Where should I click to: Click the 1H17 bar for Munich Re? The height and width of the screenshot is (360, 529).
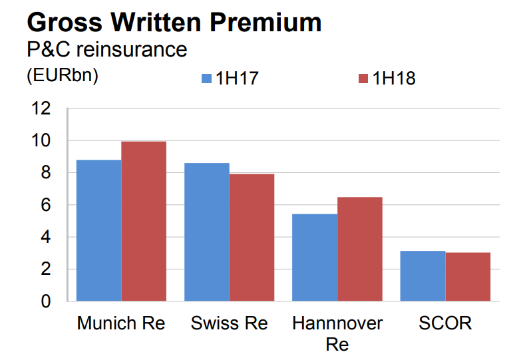pyautogui.click(x=99, y=230)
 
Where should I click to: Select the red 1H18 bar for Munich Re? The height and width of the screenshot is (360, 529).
pyautogui.click(x=144, y=221)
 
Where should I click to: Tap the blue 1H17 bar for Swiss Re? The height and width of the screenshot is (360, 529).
pyautogui.click(x=207, y=232)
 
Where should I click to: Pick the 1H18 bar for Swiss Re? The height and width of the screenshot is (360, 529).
pyautogui.click(x=252, y=238)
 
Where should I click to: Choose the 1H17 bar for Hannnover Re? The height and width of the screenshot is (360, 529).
pyautogui.click(x=315, y=258)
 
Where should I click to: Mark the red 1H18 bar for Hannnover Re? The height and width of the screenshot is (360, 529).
pyautogui.click(x=359, y=249)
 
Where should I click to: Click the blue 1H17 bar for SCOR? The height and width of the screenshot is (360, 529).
pyautogui.click(x=423, y=276)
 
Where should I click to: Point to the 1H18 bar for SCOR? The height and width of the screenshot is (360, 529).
pyautogui.click(x=468, y=277)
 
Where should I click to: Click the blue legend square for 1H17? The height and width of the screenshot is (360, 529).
pyautogui.click(x=206, y=79)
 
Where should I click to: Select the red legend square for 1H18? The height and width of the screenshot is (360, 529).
pyautogui.click(x=363, y=79)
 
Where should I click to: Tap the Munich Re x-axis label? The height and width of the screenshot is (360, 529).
pyautogui.click(x=121, y=324)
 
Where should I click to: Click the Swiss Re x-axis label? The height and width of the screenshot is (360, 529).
pyautogui.click(x=229, y=324)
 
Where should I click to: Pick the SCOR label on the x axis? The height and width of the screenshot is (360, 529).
pyautogui.click(x=445, y=324)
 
